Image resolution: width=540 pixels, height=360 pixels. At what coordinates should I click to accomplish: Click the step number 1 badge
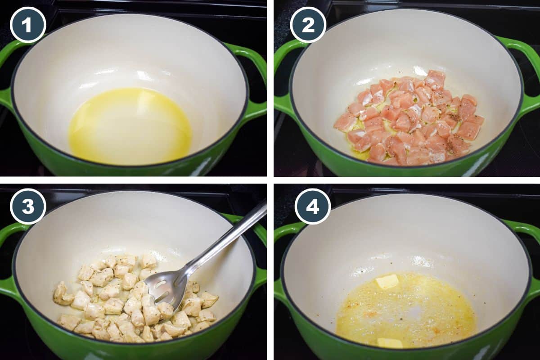[x=28, y=25]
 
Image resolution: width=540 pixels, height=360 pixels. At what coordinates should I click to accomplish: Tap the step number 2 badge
[x=308, y=25]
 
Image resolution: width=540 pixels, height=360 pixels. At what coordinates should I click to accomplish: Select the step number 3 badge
[x=28, y=207]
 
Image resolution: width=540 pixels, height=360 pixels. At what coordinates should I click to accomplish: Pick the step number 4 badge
[x=312, y=207]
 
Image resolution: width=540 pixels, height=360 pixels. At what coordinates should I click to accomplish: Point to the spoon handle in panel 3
[x=229, y=238]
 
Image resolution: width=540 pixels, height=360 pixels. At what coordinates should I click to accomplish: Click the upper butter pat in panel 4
[x=387, y=282]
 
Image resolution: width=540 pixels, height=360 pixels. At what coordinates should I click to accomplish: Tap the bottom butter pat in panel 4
[x=390, y=343]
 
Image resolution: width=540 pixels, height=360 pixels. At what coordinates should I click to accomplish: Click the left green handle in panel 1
[x=6, y=76]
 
